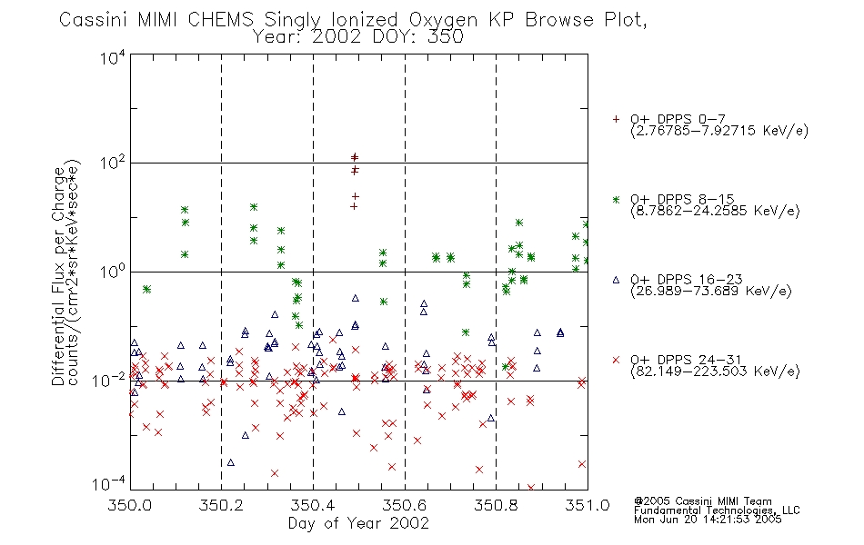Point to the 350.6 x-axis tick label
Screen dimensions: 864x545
point(405,505)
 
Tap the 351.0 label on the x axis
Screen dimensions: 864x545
point(588,505)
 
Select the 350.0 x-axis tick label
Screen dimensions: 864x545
point(129,505)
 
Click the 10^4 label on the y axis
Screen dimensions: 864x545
point(113,57)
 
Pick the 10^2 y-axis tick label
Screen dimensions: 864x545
point(113,163)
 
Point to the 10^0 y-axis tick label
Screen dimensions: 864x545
point(113,272)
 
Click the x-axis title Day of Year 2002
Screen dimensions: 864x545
point(358,523)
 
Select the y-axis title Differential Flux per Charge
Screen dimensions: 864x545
point(58,276)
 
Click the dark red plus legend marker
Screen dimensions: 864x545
point(616,119)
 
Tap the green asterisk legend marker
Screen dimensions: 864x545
point(616,199)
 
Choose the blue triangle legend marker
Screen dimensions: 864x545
point(616,280)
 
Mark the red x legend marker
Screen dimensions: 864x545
point(616,360)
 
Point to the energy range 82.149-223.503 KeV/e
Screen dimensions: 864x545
point(715,372)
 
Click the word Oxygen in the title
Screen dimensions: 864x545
point(444,20)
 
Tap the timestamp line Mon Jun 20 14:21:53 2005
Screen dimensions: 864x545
point(708,520)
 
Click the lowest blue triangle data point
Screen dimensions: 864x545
point(231,462)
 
